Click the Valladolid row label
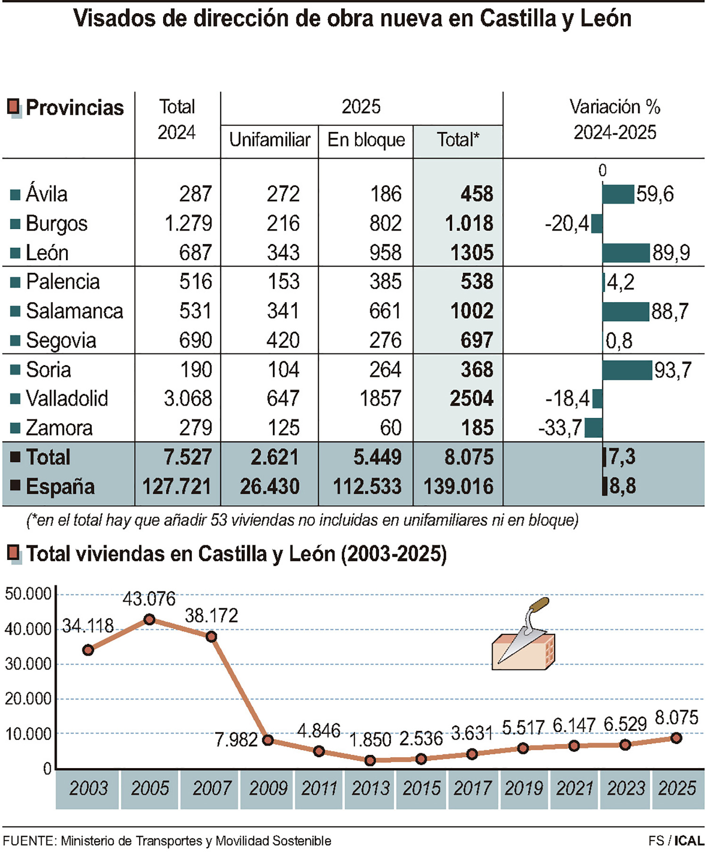[x=66, y=399]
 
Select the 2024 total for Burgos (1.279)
[x=188, y=223]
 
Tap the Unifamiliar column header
[x=270, y=140]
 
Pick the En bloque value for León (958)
[x=385, y=253]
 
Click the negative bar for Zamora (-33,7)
[x=593, y=428]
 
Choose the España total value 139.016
[x=458, y=486]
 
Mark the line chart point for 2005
[x=149, y=619]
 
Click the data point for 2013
[x=370, y=760]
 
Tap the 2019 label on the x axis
[x=523, y=788]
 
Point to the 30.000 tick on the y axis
[x=28, y=664]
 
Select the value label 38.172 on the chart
[x=211, y=615]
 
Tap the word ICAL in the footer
[x=689, y=841]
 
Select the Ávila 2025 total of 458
[x=477, y=194]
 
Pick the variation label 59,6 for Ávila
[x=655, y=194]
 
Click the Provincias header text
[x=74, y=108]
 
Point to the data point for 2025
[x=676, y=738]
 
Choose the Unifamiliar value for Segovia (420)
[x=283, y=340]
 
